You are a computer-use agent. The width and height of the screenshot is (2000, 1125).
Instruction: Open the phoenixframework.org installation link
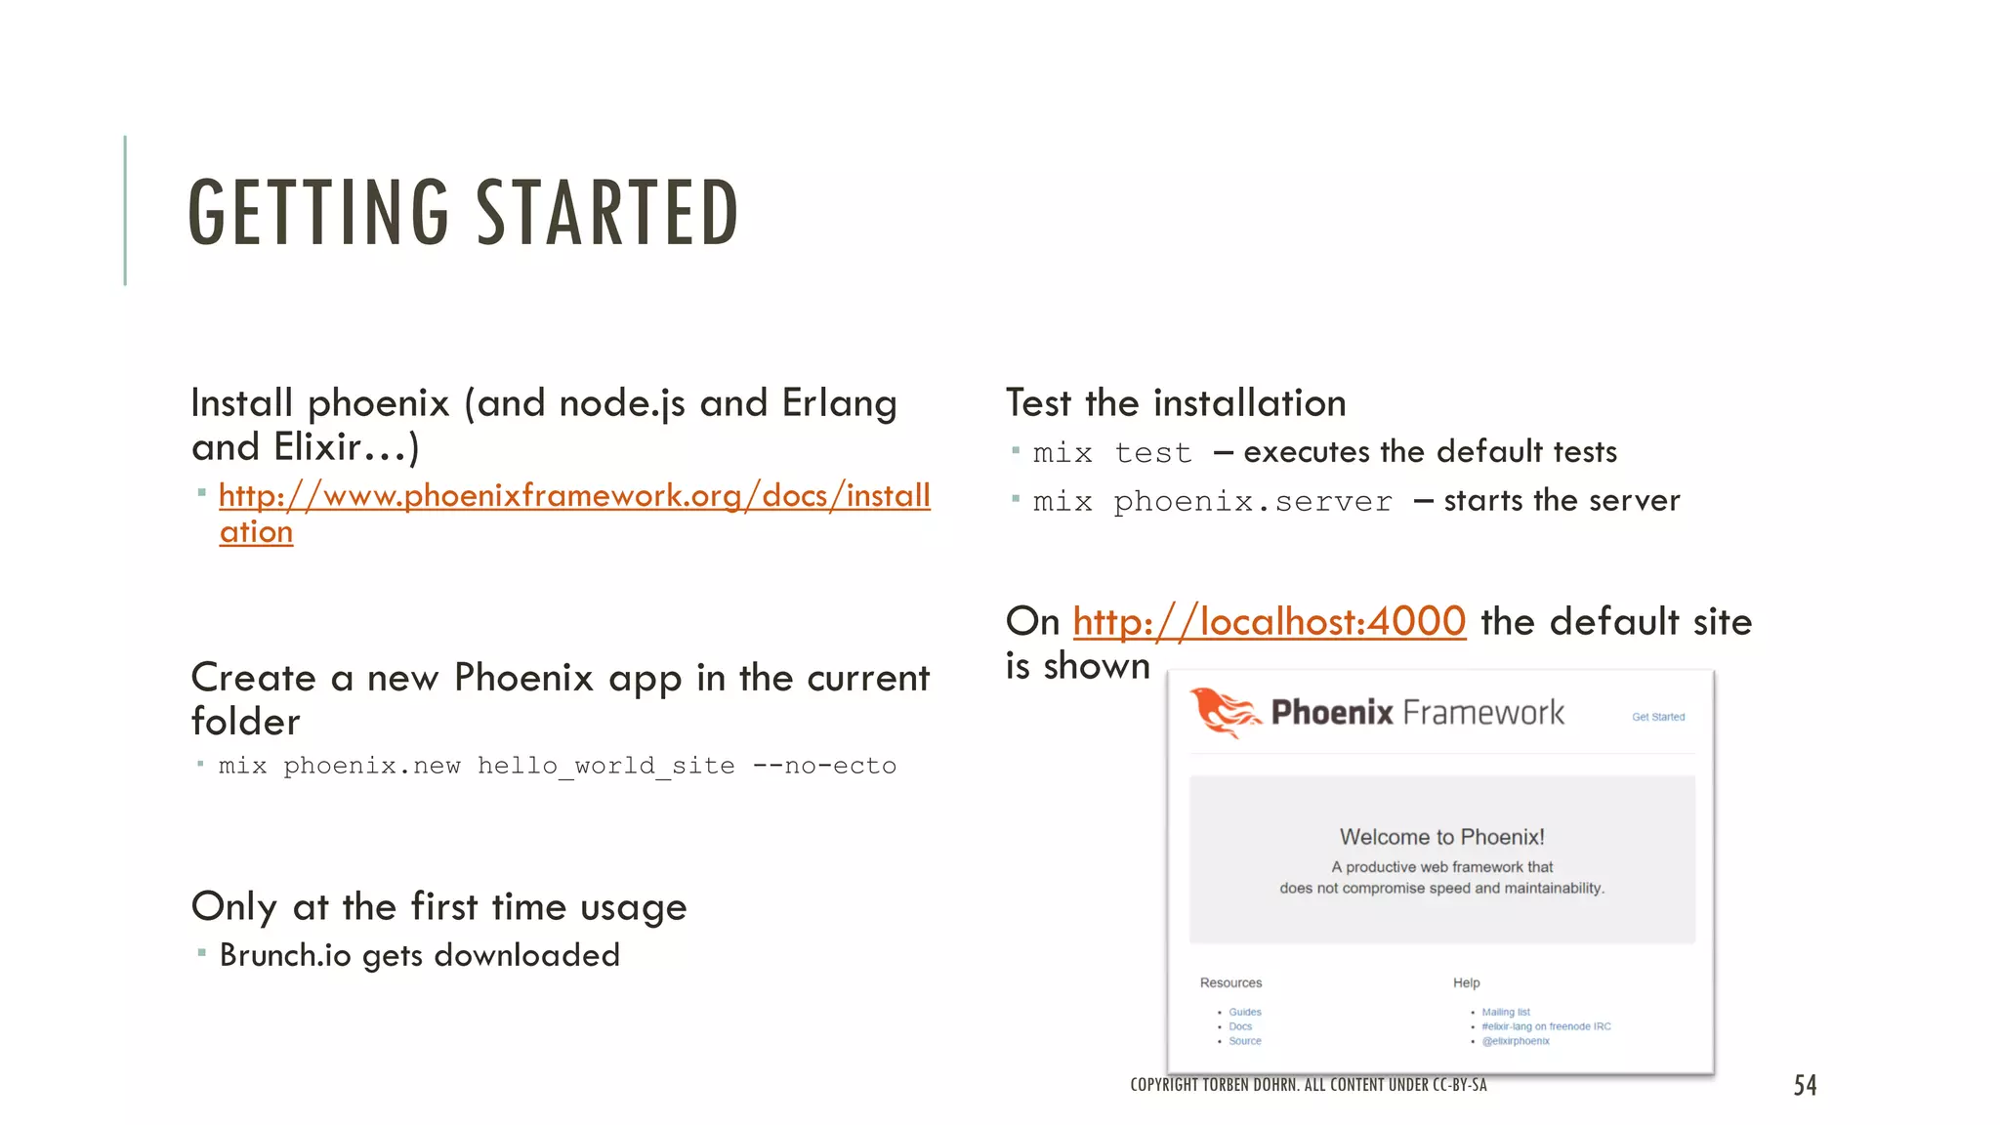pyautogui.click(x=574, y=496)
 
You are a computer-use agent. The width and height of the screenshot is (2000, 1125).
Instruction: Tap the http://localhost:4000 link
pyautogui.click(x=1269, y=622)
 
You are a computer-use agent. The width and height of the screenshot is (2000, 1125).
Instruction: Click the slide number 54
pyautogui.click(x=1805, y=1085)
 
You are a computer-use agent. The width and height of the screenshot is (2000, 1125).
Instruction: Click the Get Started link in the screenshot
pyautogui.click(x=1658, y=717)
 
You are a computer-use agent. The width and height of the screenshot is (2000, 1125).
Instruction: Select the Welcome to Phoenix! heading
pyautogui.click(x=1441, y=837)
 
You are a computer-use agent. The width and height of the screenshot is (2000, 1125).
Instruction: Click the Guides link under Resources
pyautogui.click(x=1245, y=1012)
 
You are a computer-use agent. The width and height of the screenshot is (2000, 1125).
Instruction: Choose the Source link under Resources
pyautogui.click(x=1245, y=1041)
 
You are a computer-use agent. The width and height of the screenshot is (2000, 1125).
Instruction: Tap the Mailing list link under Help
pyautogui.click(x=1506, y=1012)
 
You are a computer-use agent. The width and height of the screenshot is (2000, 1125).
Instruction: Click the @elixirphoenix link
pyautogui.click(x=1516, y=1041)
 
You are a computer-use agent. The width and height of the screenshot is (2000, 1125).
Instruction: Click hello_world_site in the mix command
pyautogui.click(x=605, y=766)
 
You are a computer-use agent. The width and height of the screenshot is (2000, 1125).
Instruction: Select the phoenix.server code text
pyautogui.click(x=1253, y=502)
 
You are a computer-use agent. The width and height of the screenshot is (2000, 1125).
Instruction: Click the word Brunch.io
pyautogui.click(x=285, y=955)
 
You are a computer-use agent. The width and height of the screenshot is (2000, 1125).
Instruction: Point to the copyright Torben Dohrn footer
pyautogui.click(x=1309, y=1085)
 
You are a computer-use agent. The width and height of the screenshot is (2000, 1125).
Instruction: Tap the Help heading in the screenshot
pyautogui.click(x=1466, y=982)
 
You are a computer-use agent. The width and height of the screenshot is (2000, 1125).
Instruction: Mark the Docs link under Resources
pyautogui.click(x=1240, y=1026)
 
